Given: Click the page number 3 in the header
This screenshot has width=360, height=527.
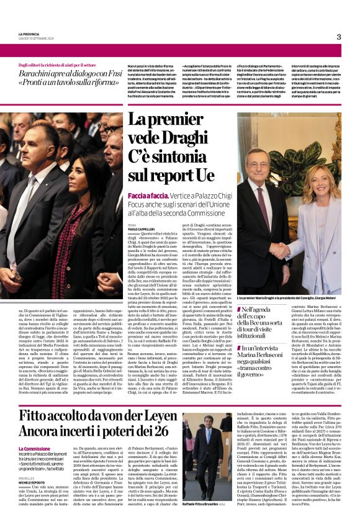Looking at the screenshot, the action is [x=338, y=37].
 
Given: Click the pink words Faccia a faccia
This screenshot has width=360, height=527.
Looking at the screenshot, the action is [x=147, y=196].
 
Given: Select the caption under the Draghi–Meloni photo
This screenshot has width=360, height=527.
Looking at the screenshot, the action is [x=289, y=299].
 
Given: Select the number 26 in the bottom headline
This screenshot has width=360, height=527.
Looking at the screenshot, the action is [x=158, y=431].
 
